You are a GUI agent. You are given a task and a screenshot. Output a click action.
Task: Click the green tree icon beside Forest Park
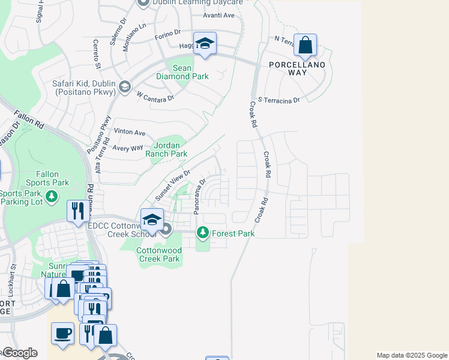[x=203, y=232]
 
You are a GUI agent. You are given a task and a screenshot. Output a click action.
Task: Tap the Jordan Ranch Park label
[x=170, y=149]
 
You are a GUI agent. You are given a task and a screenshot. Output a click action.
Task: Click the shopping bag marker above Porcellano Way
[x=305, y=45]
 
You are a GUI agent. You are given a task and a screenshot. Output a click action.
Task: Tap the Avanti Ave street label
[x=218, y=15]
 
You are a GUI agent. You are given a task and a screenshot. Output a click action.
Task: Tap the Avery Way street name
[x=127, y=148]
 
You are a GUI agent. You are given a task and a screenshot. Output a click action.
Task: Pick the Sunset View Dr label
[x=173, y=185]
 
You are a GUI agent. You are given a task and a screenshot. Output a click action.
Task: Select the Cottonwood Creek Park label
[x=158, y=254]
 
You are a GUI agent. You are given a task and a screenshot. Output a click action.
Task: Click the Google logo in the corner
[x=19, y=353]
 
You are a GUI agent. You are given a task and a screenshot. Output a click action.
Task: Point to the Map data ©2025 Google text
[x=412, y=355]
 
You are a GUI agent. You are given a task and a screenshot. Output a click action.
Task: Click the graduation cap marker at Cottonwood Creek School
[x=152, y=220]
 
